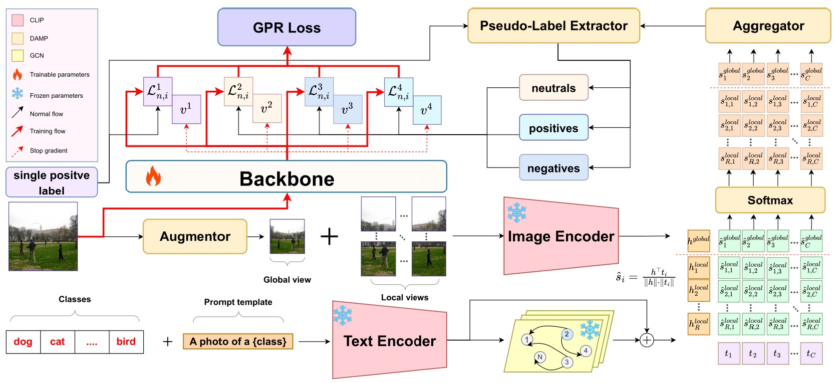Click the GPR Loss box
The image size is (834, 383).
[286, 27]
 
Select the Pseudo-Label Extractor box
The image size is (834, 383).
[554, 26]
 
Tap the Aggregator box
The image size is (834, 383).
[768, 26]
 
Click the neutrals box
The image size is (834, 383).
[554, 88]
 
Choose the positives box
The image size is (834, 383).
[554, 128]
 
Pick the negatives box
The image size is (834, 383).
[554, 168]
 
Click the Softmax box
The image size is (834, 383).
[770, 200]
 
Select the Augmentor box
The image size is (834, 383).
[195, 236]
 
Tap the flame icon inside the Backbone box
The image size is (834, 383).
[153, 177]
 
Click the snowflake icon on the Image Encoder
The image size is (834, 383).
[517, 213]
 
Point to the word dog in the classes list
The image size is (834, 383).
[23, 342]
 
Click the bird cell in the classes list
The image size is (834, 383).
[126, 342]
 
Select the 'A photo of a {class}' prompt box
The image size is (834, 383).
[238, 342]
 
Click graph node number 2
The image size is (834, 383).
[566, 334]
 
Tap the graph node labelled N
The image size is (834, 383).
[540, 357]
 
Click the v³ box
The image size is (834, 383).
[347, 109]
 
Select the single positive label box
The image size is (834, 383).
[51, 183]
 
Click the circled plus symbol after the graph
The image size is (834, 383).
[647, 340]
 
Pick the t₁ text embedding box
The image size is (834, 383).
[728, 354]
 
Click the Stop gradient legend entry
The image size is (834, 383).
[48, 151]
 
